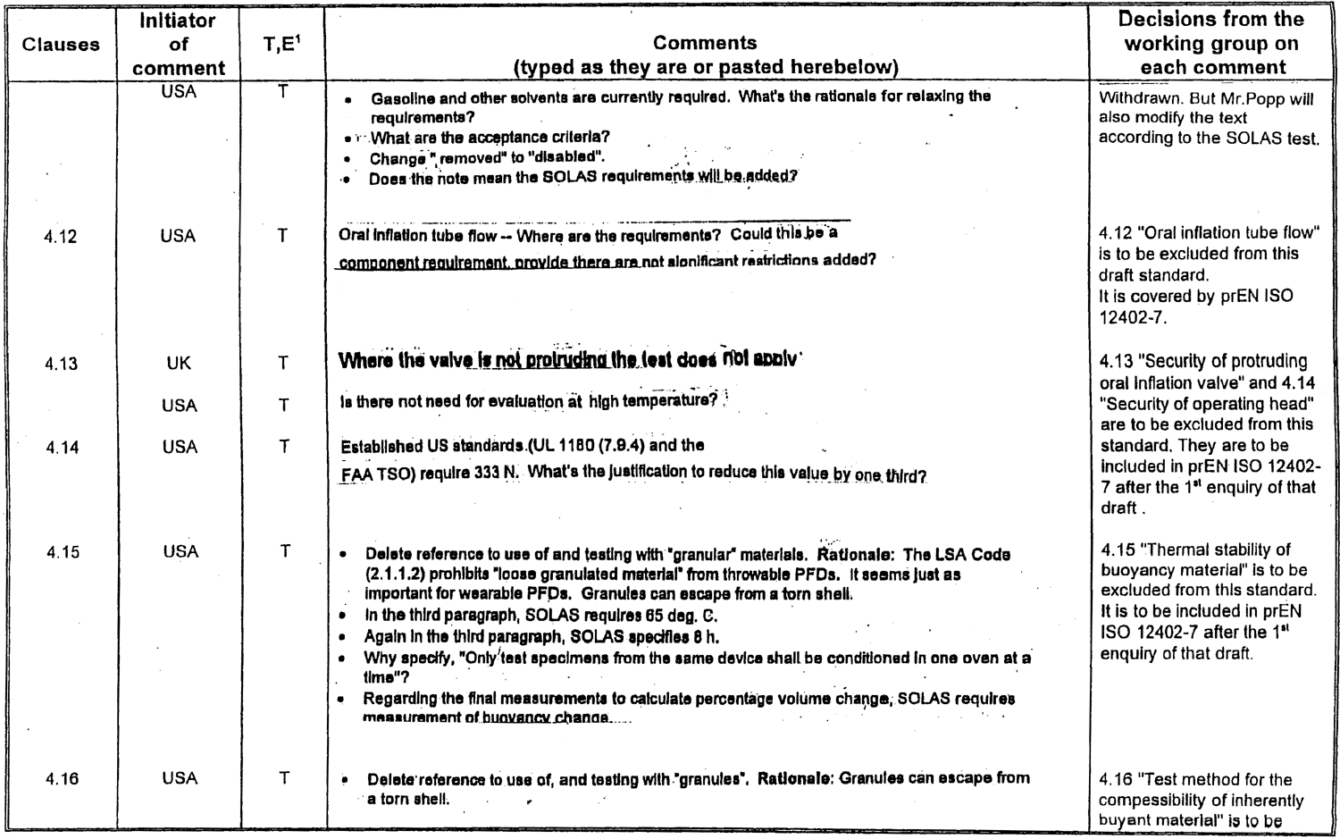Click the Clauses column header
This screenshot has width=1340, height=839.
pos(61,45)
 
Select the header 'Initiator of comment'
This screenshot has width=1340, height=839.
pos(179,44)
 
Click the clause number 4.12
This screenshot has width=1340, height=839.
pos(61,237)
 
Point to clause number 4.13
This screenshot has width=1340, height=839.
pos(61,364)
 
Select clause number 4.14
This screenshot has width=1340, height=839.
pos(63,448)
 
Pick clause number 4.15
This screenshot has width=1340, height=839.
pos(63,552)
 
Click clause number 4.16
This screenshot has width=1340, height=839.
pos(62,779)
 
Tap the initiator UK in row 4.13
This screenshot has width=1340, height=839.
pos(179,364)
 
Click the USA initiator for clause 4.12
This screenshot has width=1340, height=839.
pos(178,236)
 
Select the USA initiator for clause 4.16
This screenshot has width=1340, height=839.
pos(180,778)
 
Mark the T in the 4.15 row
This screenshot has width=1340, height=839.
pos(285,551)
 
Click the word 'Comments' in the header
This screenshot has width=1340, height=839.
pos(705,43)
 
